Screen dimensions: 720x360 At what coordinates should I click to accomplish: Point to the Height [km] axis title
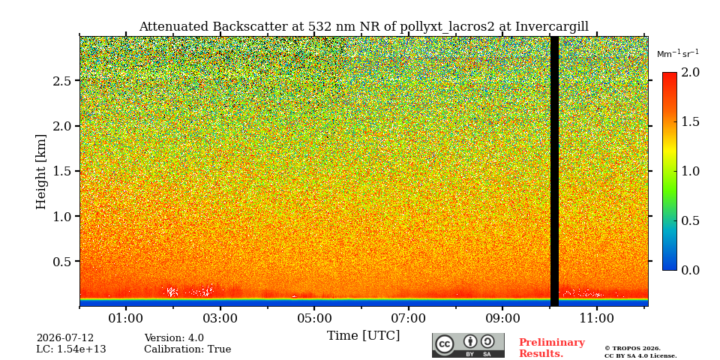point(41,172)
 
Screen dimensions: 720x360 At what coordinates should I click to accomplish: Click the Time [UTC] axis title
point(363,336)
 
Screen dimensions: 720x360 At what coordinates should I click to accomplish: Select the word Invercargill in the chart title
point(551,27)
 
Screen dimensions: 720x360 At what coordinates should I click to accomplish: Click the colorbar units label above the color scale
point(678,54)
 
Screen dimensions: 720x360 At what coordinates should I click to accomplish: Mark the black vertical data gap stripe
point(554,171)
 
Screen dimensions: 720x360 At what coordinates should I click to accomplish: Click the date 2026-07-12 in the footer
point(65,338)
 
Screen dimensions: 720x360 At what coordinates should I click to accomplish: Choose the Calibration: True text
point(187,349)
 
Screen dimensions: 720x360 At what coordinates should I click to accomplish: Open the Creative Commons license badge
point(468,345)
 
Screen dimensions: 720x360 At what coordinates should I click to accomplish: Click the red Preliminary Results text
point(552,348)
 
